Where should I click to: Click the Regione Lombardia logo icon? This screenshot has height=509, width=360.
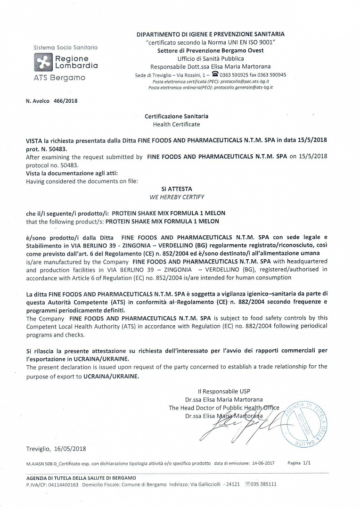tap(43, 62)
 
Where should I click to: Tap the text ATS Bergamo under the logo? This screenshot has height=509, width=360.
tap(59, 77)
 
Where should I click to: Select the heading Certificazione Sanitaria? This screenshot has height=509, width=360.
tap(176, 116)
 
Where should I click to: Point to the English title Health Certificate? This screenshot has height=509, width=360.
tap(176, 124)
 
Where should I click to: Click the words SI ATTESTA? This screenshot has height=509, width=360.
tap(177, 188)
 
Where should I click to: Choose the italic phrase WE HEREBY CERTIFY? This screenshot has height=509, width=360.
tap(177, 197)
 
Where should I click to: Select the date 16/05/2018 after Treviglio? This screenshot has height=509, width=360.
tap(70, 449)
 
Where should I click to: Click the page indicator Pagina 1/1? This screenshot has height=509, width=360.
tap(299, 463)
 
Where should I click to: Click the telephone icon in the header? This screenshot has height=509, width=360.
tap(215, 74)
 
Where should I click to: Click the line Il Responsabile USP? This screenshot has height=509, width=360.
tap(224, 391)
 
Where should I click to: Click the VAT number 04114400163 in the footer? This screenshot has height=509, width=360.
tap(64, 484)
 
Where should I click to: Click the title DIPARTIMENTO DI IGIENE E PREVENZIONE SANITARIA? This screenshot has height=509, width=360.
tap(210, 34)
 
